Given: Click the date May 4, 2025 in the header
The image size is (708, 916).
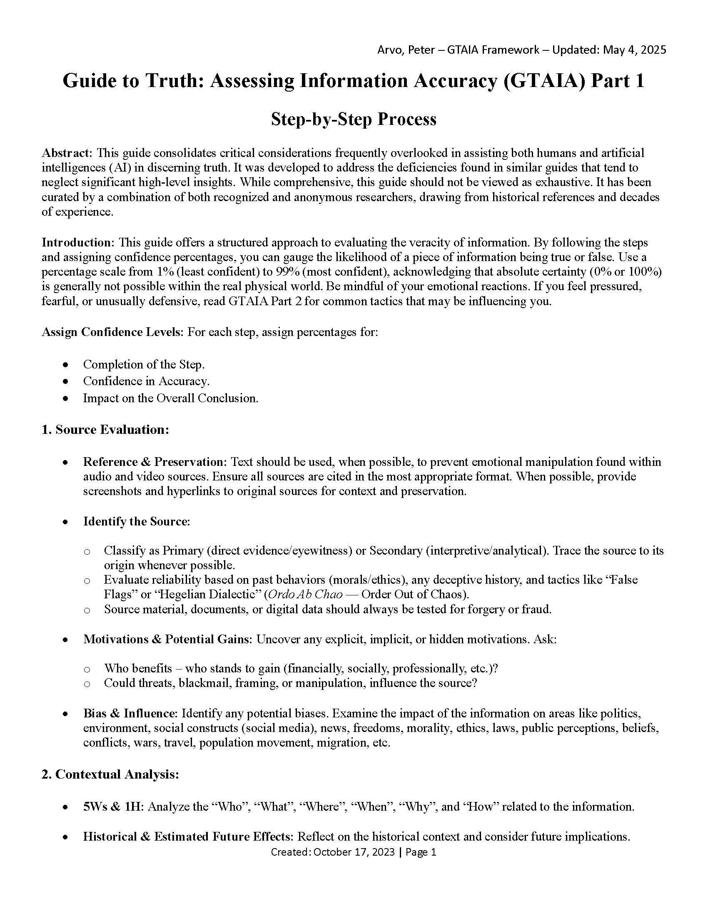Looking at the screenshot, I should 634,50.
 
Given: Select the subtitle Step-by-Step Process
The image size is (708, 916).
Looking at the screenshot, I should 354,119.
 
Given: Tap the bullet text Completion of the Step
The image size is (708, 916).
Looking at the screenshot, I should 144,364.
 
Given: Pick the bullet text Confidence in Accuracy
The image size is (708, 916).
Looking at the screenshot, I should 146,381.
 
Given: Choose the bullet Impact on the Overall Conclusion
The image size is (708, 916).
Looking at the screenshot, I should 170,398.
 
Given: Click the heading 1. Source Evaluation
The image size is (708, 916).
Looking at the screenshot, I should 105,430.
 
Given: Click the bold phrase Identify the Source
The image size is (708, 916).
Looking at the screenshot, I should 136,521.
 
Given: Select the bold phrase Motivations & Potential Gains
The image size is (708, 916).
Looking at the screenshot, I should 167,639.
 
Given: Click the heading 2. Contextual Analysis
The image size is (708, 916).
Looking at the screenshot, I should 110,774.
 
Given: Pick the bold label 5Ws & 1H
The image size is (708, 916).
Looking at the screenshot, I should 113,806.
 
